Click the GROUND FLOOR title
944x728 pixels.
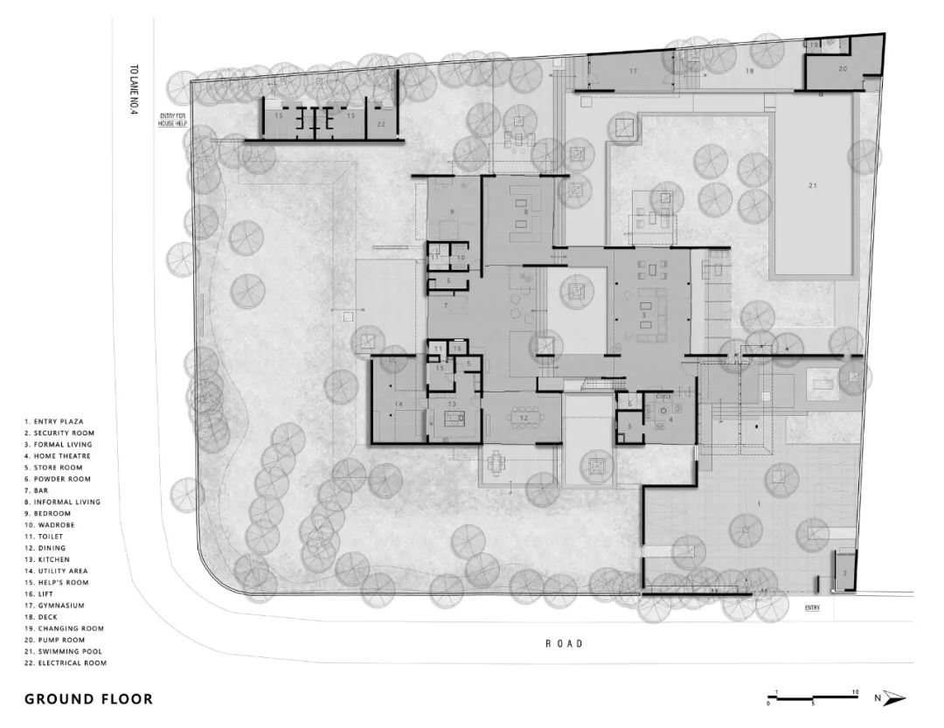(x=88, y=699)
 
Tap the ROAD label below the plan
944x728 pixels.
(x=564, y=644)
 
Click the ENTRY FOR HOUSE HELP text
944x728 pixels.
(x=172, y=121)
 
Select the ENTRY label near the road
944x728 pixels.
(x=812, y=607)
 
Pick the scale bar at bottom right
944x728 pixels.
(x=813, y=698)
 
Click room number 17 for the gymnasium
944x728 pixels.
(x=633, y=69)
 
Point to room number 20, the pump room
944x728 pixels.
(x=843, y=68)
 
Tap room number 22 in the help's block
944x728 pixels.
(x=381, y=126)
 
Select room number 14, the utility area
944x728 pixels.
(x=398, y=404)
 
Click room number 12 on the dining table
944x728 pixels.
(x=524, y=419)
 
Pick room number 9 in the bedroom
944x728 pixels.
(x=452, y=211)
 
